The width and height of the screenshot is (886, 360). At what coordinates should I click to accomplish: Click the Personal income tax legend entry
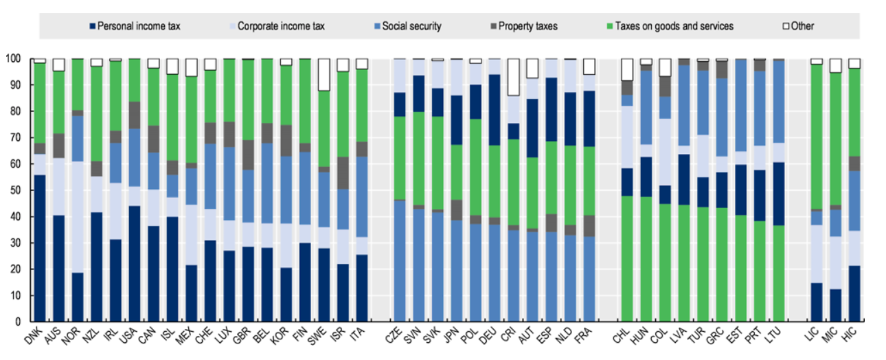pos(138,26)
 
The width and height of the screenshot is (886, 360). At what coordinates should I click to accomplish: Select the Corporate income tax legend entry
pos(281,26)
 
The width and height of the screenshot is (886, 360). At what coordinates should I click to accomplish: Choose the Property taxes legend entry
pos(527,26)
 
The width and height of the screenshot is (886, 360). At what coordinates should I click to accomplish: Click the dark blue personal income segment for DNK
pos(40,247)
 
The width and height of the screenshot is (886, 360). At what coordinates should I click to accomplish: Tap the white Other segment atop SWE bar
pos(323,74)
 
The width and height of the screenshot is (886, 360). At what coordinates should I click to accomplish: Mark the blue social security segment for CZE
pos(398,260)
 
